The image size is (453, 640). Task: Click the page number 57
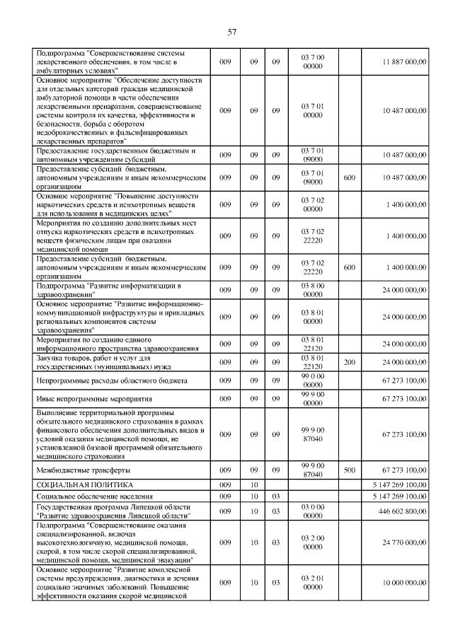coord(231,32)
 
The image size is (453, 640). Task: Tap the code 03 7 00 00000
coord(312,62)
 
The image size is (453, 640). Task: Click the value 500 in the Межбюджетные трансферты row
coord(349,470)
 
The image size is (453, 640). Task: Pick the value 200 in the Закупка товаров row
coord(349,362)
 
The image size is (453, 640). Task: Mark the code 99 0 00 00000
coord(312,380)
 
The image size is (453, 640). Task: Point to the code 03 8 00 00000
coord(312,289)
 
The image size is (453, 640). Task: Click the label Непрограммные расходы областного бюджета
coord(102,380)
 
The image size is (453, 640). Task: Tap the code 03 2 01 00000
coord(312,581)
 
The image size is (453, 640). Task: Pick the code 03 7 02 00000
coord(312,204)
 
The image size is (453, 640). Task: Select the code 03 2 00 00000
coord(312,542)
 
